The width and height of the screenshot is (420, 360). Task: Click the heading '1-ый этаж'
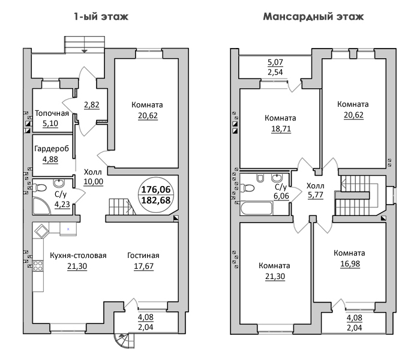click(101, 17)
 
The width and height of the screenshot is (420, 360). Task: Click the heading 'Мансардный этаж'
click(313, 17)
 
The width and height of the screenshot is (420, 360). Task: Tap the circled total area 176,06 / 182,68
click(156, 195)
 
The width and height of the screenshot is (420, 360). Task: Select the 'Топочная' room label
click(52, 113)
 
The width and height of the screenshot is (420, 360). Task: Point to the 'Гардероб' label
click(52, 148)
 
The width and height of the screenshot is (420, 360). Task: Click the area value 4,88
click(50, 160)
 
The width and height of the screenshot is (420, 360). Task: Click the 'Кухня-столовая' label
click(78, 256)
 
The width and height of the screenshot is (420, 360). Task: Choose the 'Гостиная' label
click(143, 256)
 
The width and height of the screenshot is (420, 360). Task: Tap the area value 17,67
click(144, 266)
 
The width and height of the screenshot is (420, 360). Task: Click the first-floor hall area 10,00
click(94, 182)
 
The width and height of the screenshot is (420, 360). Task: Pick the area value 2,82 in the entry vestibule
click(92, 104)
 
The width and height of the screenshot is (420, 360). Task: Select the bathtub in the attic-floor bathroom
click(257, 208)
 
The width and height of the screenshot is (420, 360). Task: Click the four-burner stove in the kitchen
click(38, 266)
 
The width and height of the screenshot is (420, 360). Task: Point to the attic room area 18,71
click(281, 129)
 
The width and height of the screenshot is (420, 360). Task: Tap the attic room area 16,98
click(350, 264)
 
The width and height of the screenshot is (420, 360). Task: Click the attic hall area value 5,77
click(316, 195)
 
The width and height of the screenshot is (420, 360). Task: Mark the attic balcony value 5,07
click(275, 62)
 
